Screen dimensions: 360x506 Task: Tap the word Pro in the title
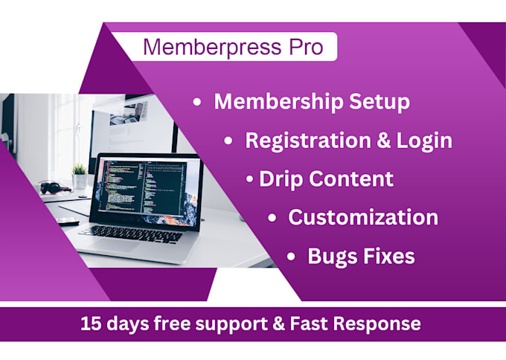pyautogui.click(x=303, y=47)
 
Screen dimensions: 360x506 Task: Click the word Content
pyautogui.click(x=350, y=179)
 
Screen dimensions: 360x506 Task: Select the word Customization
pyautogui.click(x=363, y=218)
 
